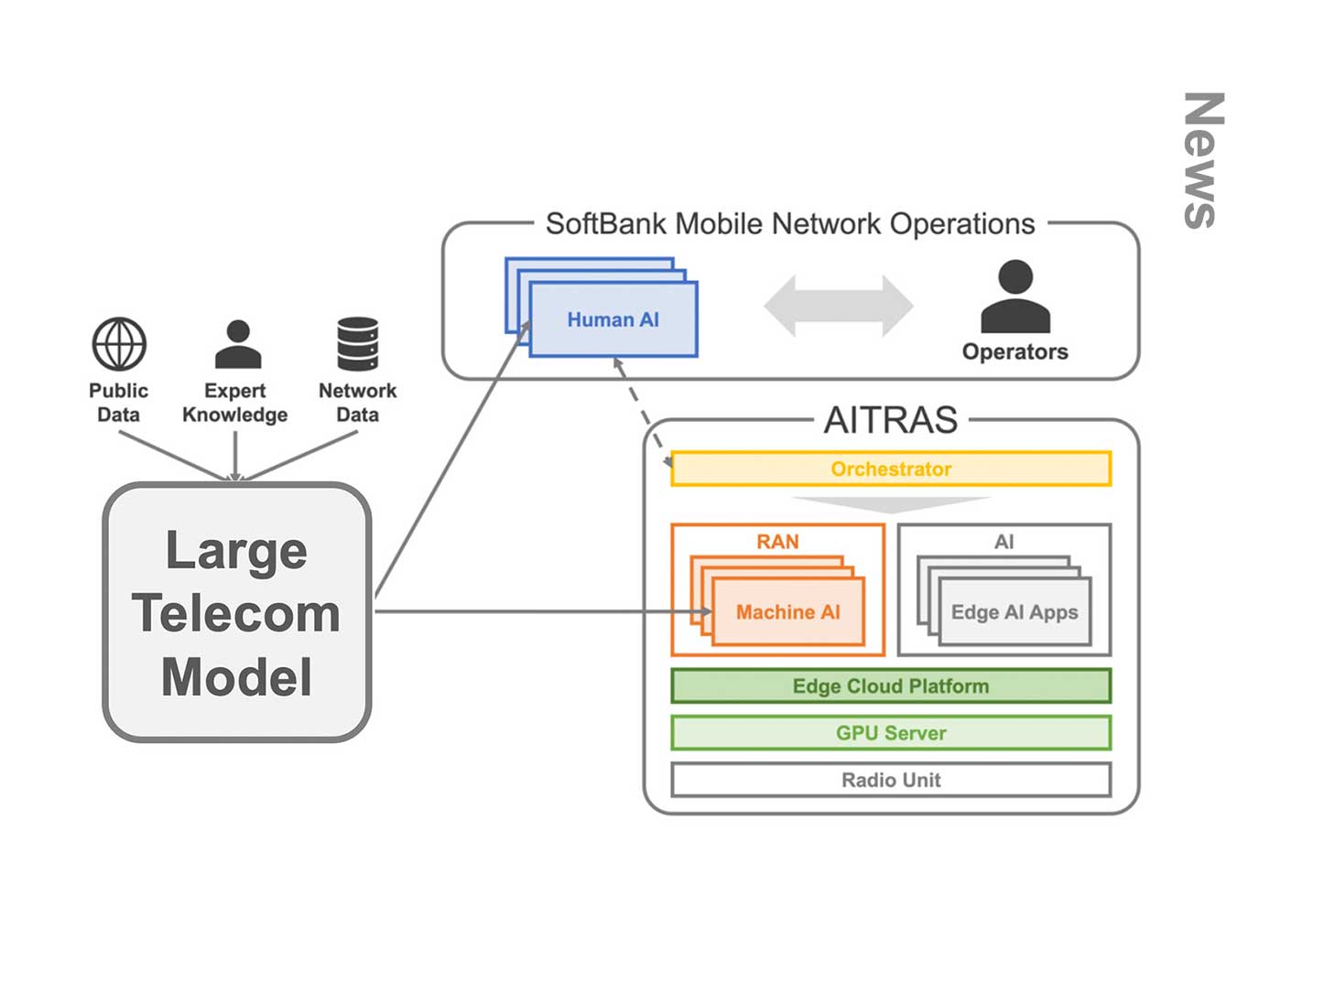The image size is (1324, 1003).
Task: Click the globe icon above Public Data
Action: pos(119,344)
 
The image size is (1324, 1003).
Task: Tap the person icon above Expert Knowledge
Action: pos(237,344)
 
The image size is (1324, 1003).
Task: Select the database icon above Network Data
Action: pos(357,344)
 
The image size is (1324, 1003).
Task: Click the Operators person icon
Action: pos(1015,297)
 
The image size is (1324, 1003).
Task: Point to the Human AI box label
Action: pos(613,319)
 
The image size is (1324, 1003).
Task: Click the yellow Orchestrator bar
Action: pos(890,469)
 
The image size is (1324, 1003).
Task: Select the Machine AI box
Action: pos(787,611)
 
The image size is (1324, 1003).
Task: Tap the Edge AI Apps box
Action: pos(1015,611)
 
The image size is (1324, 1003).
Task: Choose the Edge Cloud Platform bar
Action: pos(890,685)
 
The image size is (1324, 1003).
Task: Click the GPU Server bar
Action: pos(890,732)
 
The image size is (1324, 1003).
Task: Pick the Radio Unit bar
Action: pos(890,780)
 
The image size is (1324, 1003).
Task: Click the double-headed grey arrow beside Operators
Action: pos(838,306)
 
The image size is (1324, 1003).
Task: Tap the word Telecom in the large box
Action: pos(236,613)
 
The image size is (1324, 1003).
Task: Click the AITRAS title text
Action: pos(890,420)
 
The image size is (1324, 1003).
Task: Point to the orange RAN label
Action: pos(777,542)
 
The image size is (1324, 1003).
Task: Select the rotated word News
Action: pos(1203,160)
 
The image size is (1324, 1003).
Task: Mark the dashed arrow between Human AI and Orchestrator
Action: pos(643,414)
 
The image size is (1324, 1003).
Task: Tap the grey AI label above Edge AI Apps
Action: pos(1004,542)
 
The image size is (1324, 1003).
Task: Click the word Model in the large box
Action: pos(236,677)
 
